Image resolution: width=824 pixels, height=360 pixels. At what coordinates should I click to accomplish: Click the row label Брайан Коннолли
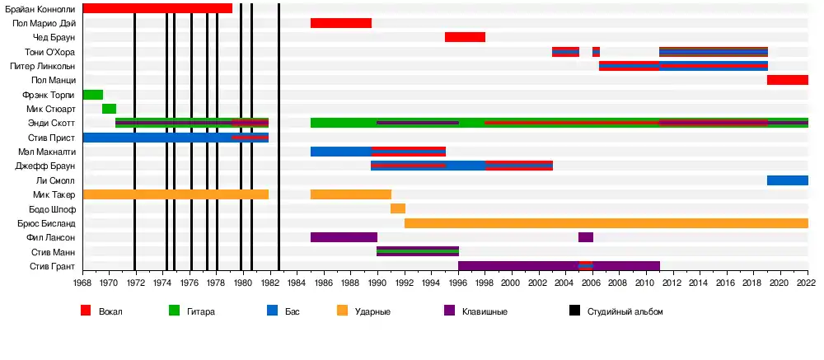click(40, 8)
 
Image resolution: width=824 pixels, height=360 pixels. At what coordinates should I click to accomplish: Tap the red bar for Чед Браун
click(465, 37)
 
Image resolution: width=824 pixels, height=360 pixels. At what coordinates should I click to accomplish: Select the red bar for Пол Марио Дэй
click(340, 23)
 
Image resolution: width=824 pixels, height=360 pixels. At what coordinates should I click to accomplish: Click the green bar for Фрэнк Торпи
click(92, 95)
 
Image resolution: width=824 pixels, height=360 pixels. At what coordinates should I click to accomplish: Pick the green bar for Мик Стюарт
click(109, 109)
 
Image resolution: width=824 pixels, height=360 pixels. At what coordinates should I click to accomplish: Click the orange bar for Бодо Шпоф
click(397, 208)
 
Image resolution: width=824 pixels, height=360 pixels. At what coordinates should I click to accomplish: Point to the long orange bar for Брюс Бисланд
click(606, 222)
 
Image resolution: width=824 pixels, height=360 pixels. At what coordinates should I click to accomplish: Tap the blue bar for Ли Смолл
click(787, 180)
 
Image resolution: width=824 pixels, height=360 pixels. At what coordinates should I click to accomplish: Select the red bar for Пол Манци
click(787, 80)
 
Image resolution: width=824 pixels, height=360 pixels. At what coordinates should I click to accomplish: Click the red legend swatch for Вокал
click(86, 311)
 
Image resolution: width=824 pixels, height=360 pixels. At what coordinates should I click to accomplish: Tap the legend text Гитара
click(202, 312)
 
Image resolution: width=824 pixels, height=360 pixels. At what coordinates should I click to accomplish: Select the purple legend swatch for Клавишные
click(449, 311)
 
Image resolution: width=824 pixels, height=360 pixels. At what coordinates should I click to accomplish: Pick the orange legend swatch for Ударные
click(343, 311)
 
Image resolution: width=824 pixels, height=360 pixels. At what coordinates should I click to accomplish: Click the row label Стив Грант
click(53, 266)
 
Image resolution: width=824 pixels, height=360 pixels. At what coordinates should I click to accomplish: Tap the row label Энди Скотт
click(51, 123)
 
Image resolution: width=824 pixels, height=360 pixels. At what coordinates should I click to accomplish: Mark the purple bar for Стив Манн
click(417, 251)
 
